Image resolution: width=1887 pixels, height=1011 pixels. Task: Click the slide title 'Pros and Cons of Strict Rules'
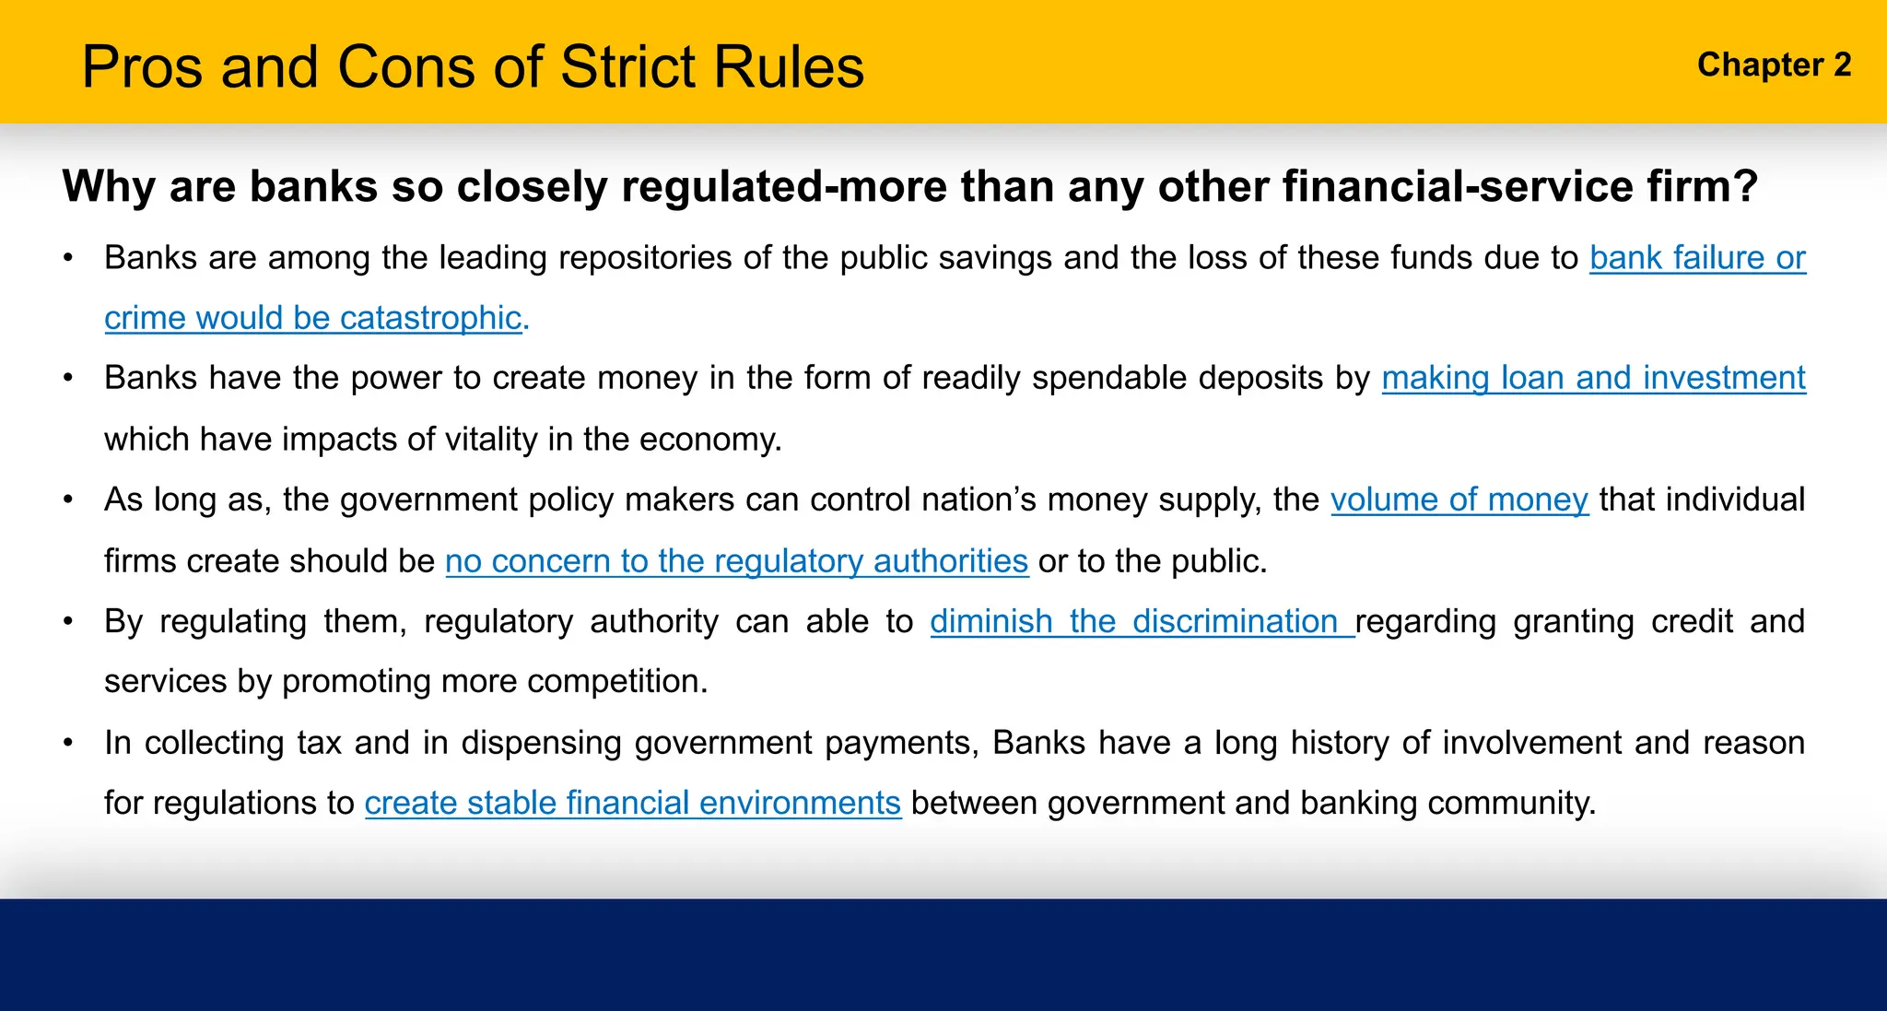(x=473, y=67)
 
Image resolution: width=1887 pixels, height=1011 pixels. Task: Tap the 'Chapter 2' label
(x=1774, y=65)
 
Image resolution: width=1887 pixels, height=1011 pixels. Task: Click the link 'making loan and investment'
(x=1593, y=378)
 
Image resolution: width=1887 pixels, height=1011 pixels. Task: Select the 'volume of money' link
(x=1459, y=500)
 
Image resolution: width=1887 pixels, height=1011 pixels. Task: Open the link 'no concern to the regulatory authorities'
(x=736, y=560)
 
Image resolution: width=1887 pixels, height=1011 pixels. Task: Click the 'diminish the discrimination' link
(x=1140, y=621)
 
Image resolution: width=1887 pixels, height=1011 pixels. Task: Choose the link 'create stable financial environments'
(x=632, y=803)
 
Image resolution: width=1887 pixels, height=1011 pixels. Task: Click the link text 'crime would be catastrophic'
(x=313, y=318)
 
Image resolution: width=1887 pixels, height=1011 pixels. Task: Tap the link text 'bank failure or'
(x=1697, y=258)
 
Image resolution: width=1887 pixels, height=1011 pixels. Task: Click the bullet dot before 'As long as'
(x=68, y=500)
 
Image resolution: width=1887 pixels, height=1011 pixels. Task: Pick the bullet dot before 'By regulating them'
(x=68, y=622)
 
